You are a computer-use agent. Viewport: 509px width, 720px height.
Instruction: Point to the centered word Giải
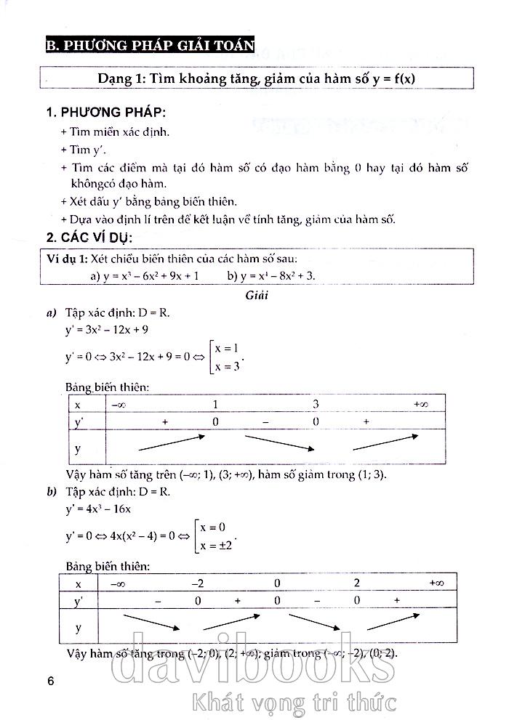[257, 296]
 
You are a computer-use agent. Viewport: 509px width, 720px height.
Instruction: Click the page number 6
[50, 681]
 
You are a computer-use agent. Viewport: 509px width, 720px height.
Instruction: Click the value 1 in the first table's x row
[215, 404]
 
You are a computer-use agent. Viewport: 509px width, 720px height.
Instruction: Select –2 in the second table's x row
[197, 583]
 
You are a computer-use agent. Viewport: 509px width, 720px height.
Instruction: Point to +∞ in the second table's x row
[436, 583]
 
